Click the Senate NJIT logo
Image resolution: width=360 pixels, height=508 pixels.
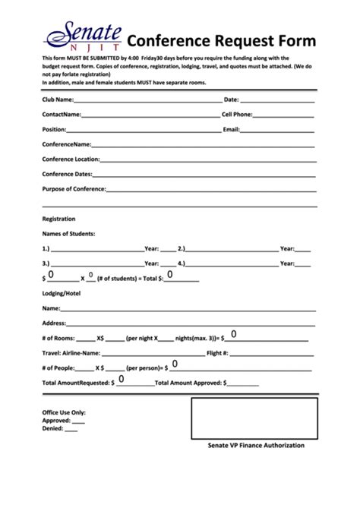click(84, 39)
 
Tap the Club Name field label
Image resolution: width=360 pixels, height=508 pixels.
click(58, 99)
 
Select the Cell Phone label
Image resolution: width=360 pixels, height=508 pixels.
click(237, 114)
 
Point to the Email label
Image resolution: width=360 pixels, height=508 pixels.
click(231, 129)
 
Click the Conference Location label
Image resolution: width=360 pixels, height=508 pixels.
click(71, 159)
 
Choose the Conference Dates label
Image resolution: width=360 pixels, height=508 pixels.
click(67, 174)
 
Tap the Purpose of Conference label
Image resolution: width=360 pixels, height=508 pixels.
click(74, 188)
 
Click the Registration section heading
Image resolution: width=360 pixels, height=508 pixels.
click(58, 219)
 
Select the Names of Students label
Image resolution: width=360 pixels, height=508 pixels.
click(68, 233)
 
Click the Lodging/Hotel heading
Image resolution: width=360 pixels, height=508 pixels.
click(62, 292)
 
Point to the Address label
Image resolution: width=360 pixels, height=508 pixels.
click(55, 323)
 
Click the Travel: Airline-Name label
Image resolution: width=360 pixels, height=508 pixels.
click(71, 353)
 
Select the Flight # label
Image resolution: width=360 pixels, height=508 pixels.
click(217, 353)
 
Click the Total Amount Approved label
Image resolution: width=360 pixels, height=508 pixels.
click(188, 383)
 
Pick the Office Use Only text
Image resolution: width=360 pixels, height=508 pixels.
click(63, 412)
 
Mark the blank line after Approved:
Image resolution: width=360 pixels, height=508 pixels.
click(78, 420)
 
